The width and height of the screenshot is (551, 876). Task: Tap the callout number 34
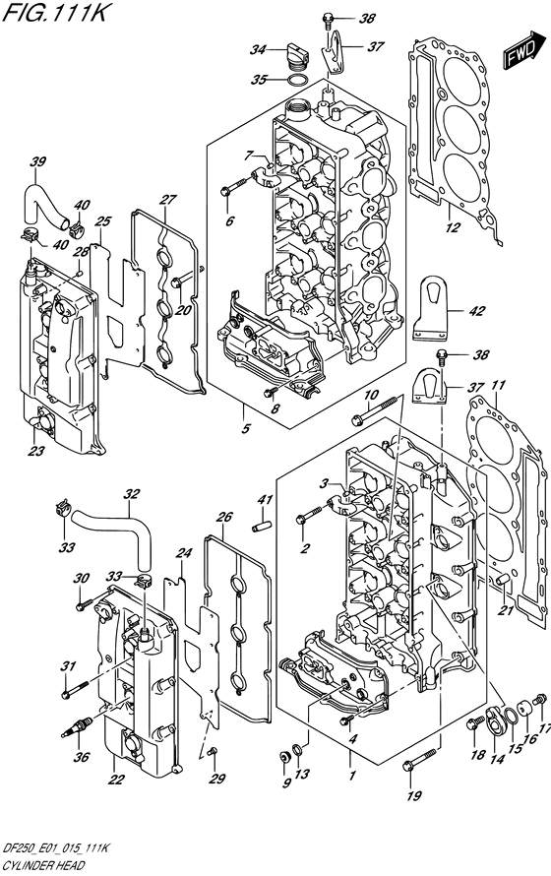258,50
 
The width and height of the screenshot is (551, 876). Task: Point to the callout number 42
477,311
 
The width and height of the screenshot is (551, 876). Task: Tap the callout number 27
168,200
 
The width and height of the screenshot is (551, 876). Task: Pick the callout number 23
35,451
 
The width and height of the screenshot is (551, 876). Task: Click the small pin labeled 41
263,527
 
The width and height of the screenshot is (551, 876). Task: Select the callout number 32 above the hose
132,494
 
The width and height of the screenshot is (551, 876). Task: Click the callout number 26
224,518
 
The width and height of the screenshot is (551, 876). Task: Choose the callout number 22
116,780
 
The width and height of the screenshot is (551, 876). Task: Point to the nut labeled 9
284,758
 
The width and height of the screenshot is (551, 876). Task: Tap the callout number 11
498,385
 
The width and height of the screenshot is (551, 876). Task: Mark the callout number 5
246,428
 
